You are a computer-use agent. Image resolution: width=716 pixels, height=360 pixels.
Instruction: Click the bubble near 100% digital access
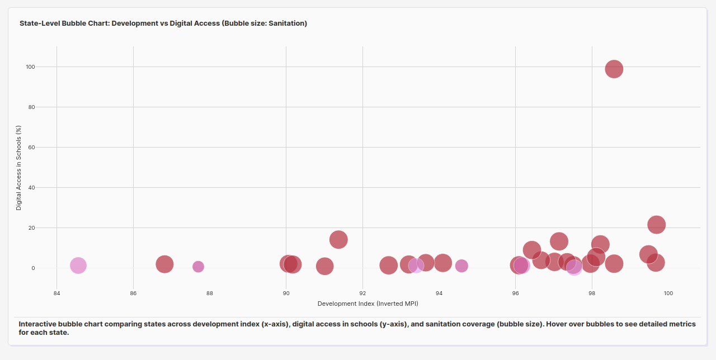pyautogui.click(x=614, y=69)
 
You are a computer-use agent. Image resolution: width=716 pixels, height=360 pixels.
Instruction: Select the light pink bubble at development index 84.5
pyautogui.click(x=78, y=266)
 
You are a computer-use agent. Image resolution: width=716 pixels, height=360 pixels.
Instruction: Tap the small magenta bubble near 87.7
pyautogui.click(x=198, y=267)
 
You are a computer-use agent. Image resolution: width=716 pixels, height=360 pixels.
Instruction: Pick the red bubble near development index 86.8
pyautogui.click(x=164, y=264)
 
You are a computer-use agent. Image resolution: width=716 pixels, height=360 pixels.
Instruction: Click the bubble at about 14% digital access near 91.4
pyautogui.click(x=338, y=240)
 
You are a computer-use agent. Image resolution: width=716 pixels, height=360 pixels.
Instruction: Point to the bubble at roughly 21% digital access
pyautogui.click(x=656, y=225)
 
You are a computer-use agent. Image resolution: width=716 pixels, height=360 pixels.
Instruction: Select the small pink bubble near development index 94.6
pyautogui.click(x=461, y=266)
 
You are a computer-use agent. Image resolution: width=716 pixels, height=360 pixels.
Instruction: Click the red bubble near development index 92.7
pyautogui.click(x=388, y=265)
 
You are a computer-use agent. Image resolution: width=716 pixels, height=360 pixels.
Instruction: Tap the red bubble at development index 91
pyautogui.click(x=324, y=266)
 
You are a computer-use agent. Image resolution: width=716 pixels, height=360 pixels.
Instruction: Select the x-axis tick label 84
pyautogui.click(x=56, y=293)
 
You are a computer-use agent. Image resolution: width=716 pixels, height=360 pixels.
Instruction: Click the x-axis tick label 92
pyautogui.click(x=362, y=293)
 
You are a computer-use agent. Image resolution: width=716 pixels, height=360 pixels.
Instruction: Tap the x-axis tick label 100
pyautogui.click(x=668, y=293)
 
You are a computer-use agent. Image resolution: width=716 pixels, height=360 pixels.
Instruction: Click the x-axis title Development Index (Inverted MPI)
pyautogui.click(x=368, y=304)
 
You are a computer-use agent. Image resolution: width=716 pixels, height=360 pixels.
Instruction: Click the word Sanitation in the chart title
pyautogui.click(x=288, y=23)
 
